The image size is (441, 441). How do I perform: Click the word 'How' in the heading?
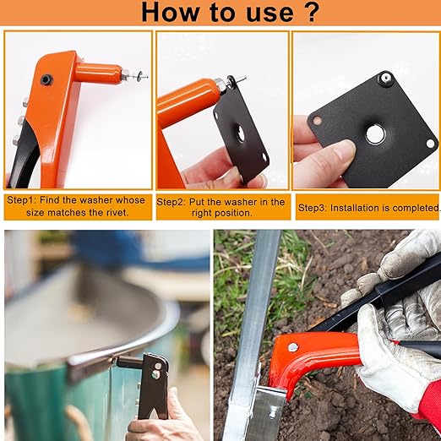click(171, 13)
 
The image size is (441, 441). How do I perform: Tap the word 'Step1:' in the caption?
click(21, 200)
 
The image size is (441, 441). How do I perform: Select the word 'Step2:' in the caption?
click(171, 202)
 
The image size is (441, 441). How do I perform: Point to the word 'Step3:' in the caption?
click(313, 208)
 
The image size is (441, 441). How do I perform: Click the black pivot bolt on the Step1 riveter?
click(46, 79)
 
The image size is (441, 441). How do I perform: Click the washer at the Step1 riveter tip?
click(139, 75)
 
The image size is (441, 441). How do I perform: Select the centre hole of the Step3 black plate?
click(374, 134)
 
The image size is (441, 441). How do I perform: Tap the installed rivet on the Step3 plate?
click(385, 78)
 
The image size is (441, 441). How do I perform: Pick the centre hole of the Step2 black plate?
click(240, 133)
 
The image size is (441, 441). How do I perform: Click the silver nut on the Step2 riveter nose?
click(220, 84)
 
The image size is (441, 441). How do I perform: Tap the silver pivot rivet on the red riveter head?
click(293, 347)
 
